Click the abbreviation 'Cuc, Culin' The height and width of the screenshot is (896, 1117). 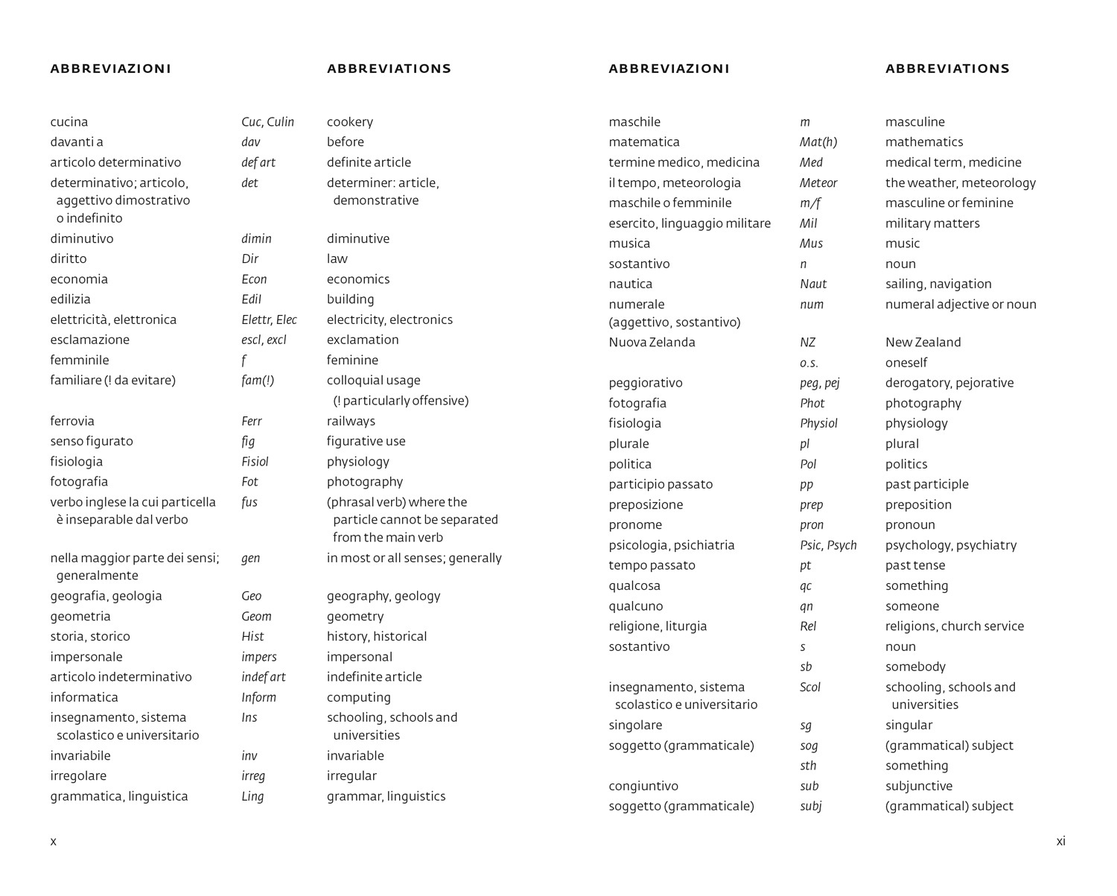click(x=267, y=122)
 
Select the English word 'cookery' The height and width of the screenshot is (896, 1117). click(x=349, y=122)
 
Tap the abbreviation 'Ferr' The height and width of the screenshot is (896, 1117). click(x=252, y=422)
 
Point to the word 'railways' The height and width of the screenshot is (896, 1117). click(x=351, y=422)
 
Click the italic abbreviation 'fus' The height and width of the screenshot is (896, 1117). click(x=249, y=503)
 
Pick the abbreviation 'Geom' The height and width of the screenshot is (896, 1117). click(x=256, y=617)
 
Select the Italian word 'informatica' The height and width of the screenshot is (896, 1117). click(x=83, y=698)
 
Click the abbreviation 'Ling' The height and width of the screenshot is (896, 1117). click(x=252, y=797)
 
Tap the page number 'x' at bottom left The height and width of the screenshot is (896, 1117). click(x=53, y=842)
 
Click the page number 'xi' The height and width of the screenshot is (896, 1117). click(x=1060, y=842)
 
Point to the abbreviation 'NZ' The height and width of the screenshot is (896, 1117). click(x=807, y=343)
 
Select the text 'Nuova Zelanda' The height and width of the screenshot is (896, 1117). click(x=652, y=343)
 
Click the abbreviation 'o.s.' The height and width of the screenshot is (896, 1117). click(x=809, y=363)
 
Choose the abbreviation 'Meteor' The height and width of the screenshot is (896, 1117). click(x=818, y=183)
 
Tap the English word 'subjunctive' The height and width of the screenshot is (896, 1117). click(x=918, y=787)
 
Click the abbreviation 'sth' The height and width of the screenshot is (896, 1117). click(x=808, y=766)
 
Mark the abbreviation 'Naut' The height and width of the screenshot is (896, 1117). click(x=813, y=285)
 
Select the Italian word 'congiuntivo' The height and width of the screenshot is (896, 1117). click(x=643, y=787)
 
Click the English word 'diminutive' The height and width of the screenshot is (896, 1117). click(x=357, y=239)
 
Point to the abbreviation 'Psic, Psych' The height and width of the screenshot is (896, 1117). click(x=828, y=546)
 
